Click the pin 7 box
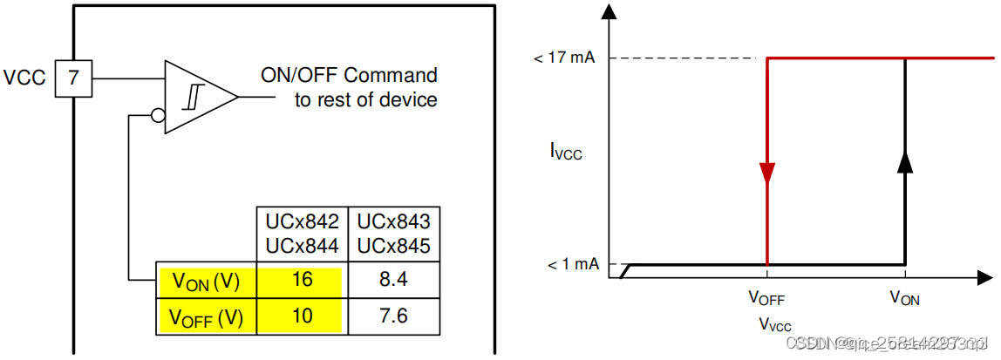click(x=73, y=78)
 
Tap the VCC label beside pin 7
click(x=24, y=78)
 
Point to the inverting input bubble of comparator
click(x=159, y=115)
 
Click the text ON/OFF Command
click(x=350, y=75)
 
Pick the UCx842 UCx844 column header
click(x=301, y=232)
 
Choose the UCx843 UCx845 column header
click(x=394, y=232)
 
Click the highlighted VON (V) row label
click(x=207, y=281)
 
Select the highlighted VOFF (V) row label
click(x=207, y=316)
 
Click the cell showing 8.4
click(x=394, y=281)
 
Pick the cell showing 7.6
click(x=394, y=316)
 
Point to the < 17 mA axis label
click(x=564, y=58)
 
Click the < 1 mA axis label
click(x=570, y=264)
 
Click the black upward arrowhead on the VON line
click(x=904, y=160)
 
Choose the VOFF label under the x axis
click(x=766, y=298)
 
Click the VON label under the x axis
click(x=904, y=298)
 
